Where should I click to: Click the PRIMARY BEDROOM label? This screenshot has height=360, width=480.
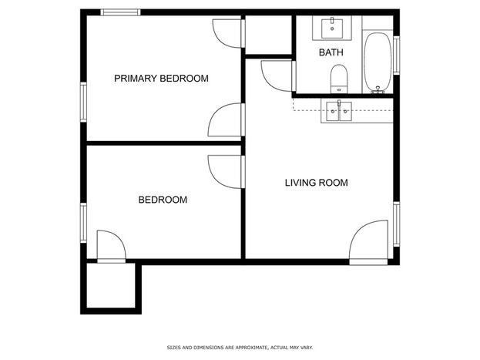tap(161, 79)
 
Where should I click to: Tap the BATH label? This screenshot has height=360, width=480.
tap(331, 52)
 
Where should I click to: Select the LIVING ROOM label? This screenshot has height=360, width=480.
tap(316, 183)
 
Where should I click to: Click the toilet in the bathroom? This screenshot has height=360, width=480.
tap(339, 79)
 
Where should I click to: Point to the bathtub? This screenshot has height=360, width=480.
tap(378, 62)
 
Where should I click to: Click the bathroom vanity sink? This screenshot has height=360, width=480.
tap(332, 29)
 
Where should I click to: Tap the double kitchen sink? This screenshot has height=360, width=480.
tap(339, 111)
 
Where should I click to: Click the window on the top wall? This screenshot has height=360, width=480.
tap(120, 12)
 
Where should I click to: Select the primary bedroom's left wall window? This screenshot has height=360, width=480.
tap(83, 102)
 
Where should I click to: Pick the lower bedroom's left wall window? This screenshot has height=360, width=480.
tap(83, 223)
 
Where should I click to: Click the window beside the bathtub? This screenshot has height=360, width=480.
tap(397, 56)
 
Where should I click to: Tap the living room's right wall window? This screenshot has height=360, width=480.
tap(397, 224)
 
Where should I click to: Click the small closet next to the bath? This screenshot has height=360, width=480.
tap(268, 35)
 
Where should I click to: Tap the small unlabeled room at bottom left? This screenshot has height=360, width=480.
tap(111, 285)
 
